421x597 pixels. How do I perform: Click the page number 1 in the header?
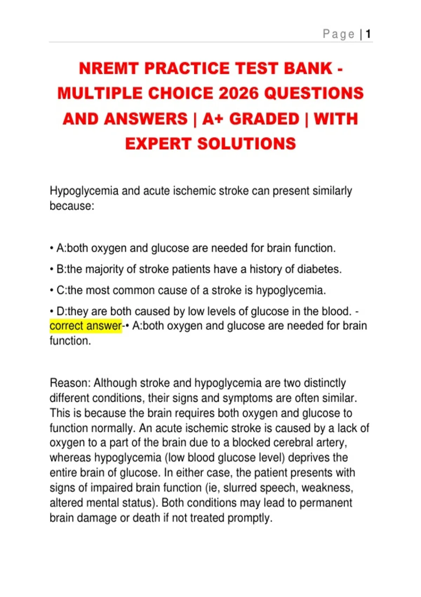(x=368, y=34)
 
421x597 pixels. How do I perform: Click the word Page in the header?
(x=339, y=34)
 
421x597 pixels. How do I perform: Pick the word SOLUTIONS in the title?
(x=247, y=144)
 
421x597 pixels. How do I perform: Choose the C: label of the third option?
(x=62, y=290)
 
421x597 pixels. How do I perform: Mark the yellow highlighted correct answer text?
(x=86, y=326)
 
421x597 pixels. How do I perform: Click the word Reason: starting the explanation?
(x=70, y=383)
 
